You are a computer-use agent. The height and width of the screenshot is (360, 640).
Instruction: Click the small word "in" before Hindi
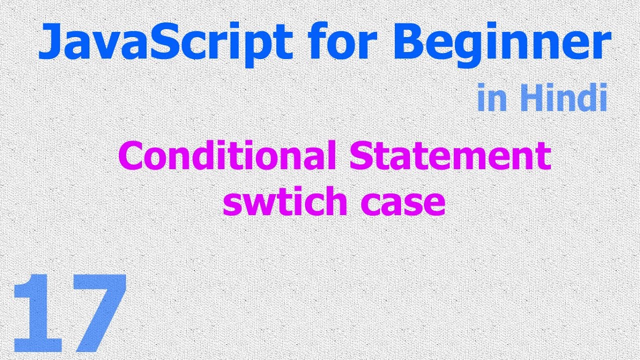coord(490,98)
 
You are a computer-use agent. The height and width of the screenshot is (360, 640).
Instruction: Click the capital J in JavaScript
coord(49,42)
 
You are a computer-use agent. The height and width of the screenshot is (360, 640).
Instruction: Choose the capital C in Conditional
coord(130,156)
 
